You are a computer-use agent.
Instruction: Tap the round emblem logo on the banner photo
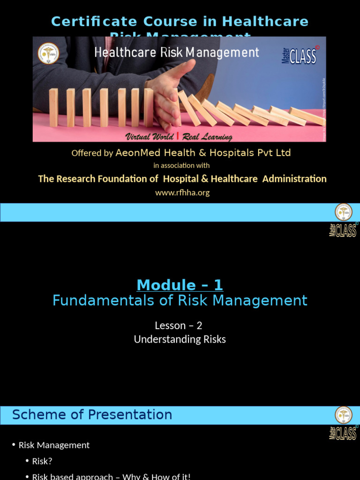[x=48, y=53]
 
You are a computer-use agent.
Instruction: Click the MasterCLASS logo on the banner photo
[x=300, y=56]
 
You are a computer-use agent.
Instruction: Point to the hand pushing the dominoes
[x=169, y=94]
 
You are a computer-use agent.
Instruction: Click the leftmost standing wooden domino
[x=53, y=107]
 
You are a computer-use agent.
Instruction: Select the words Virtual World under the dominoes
[x=149, y=137]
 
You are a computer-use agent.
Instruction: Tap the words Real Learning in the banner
[x=206, y=137]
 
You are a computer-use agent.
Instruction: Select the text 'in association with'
[x=181, y=165]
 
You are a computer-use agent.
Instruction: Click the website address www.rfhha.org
[x=182, y=193]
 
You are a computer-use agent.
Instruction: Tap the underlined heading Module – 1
[x=180, y=285]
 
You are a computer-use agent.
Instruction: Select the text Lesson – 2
[x=179, y=325]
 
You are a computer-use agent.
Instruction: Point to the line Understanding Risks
[x=180, y=339]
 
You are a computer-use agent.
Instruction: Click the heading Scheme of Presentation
[x=92, y=415]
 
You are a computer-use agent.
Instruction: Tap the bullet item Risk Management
[x=54, y=445]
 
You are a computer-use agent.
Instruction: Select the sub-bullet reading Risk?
[x=42, y=461]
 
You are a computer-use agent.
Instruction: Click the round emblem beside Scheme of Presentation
[x=343, y=415]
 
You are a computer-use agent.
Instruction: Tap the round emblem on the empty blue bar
[x=343, y=212]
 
